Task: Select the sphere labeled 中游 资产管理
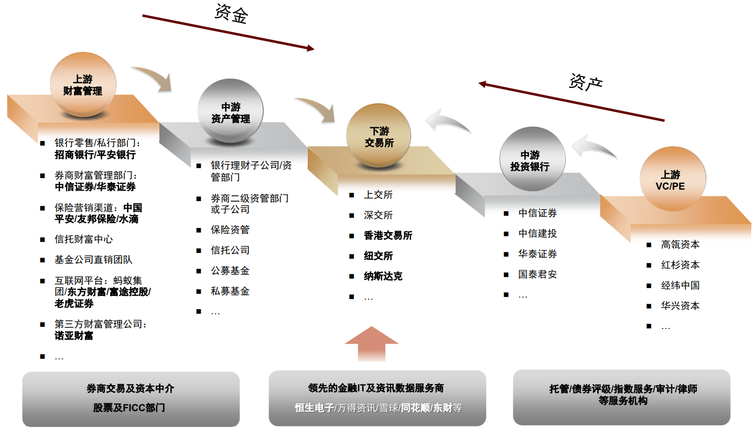230,113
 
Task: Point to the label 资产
586,82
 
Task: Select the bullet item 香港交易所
388,236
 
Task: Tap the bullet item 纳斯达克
383,277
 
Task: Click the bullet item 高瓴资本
680,245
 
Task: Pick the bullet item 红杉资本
680,265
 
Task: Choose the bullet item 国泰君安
537,275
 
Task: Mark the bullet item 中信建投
537,234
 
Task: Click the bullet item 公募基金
230,271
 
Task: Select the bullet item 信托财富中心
83,239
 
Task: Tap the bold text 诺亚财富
74,336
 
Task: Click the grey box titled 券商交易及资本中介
131,398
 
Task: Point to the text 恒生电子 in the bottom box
314,408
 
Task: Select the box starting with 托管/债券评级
622,396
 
